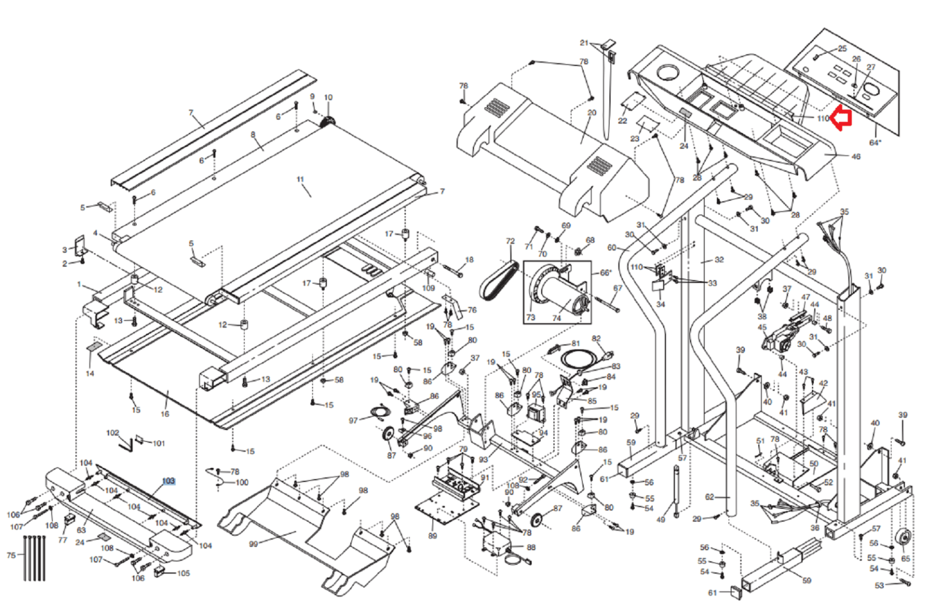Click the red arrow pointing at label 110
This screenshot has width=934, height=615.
point(842,118)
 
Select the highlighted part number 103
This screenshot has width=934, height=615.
point(168,481)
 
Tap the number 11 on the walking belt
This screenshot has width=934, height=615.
point(300,180)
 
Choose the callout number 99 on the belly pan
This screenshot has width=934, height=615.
point(253,544)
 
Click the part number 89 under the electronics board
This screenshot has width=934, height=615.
point(433,536)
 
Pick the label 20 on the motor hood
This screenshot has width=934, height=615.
point(591,113)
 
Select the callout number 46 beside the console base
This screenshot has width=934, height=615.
point(856,156)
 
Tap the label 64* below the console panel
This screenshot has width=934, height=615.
point(875,143)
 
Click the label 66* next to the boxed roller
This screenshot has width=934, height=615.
point(605,272)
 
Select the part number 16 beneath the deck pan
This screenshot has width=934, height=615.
point(165,414)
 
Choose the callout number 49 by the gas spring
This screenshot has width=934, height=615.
point(661,519)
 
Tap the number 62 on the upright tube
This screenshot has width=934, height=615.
point(709,497)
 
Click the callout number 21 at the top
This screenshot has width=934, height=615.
point(584,43)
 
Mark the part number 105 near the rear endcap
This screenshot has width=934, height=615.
point(183,573)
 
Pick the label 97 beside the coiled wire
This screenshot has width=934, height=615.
point(353,420)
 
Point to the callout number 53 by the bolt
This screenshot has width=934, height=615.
point(879,585)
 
